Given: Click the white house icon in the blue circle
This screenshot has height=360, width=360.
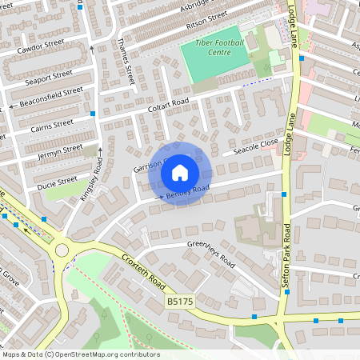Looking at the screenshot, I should pyautogui.click(x=180, y=172).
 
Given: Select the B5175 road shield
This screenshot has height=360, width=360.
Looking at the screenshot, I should pyautogui.click(x=182, y=302).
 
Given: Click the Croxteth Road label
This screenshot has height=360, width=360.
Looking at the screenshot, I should pyautogui.click(x=144, y=273).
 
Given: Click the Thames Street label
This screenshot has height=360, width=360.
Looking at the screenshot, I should pyautogui.click(x=126, y=63).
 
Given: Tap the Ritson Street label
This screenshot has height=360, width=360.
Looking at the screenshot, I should pyautogui.click(x=201, y=26).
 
